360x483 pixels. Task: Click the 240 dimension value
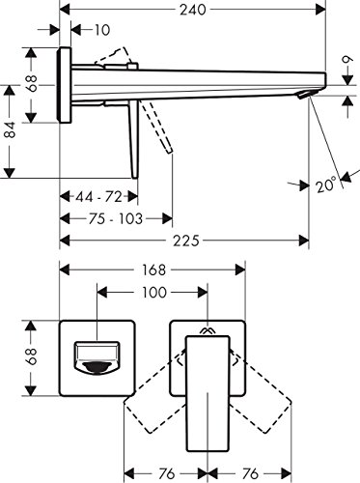pos(193,10)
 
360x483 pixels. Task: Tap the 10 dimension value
pos(102,30)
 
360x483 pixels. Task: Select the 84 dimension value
pos(11,129)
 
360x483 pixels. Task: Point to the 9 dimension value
pos(347,61)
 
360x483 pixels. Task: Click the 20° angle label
pos(326,185)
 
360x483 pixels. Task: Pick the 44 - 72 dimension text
pos(98,197)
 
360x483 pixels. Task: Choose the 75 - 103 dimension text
pos(116,219)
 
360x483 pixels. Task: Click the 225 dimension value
pos(186,241)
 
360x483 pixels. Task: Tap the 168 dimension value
pos(153,270)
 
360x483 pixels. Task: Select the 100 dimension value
pos(154,293)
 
